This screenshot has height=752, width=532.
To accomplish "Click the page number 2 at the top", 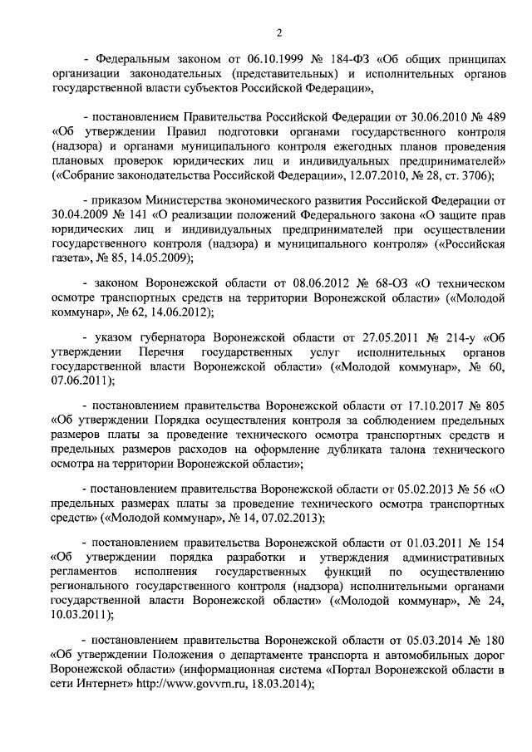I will pyautogui.click(x=279, y=32).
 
